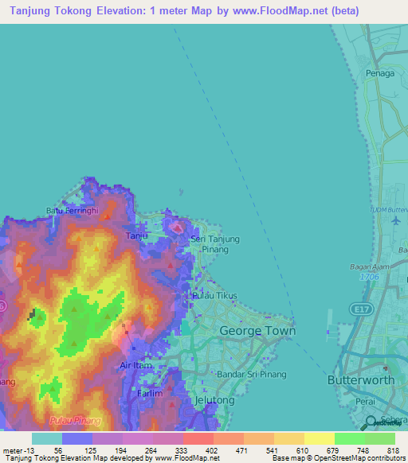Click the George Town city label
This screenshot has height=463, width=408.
point(257,330)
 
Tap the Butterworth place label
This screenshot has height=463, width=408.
point(361,380)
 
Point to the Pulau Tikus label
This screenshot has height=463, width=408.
point(210,296)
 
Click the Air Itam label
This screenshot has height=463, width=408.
point(135,365)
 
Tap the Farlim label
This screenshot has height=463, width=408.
point(149,393)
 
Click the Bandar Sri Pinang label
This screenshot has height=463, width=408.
point(229,374)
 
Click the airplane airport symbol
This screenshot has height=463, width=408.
point(397,220)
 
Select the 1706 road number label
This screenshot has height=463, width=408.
point(367,277)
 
